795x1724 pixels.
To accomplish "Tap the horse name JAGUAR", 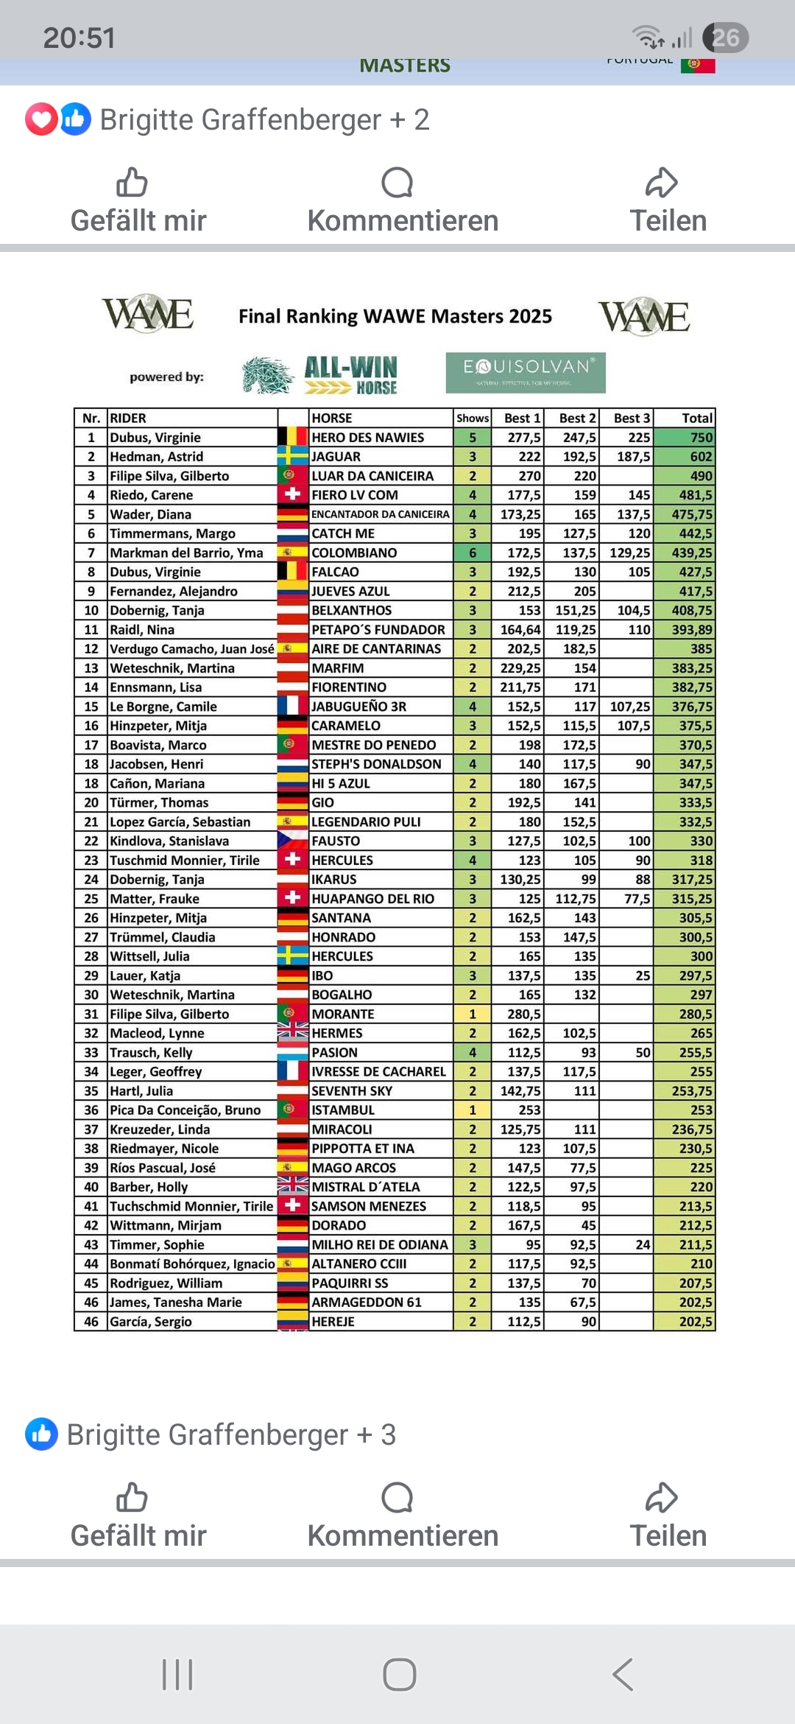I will [336, 457].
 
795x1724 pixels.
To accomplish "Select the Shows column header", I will [473, 418].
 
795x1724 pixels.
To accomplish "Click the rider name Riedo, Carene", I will [152, 495].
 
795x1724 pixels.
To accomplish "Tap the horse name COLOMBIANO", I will [354, 553].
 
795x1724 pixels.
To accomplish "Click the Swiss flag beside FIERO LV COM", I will [292, 494].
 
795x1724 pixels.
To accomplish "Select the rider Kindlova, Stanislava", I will [169, 841].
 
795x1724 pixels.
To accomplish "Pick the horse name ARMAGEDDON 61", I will [367, 1302].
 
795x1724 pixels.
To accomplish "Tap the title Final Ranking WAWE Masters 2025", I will [395, 316].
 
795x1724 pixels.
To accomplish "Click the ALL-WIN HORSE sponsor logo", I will [320, 375].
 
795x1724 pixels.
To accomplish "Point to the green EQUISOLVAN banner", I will [526, 372].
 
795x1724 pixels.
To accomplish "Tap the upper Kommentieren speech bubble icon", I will [397, 183].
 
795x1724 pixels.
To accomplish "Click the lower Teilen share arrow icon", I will [662, 1498].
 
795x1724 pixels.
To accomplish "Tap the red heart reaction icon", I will [41, 119].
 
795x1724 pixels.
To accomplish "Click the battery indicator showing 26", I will [726, 38].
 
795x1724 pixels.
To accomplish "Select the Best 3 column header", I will [632, 418].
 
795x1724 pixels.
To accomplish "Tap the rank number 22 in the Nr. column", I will [91, 841].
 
